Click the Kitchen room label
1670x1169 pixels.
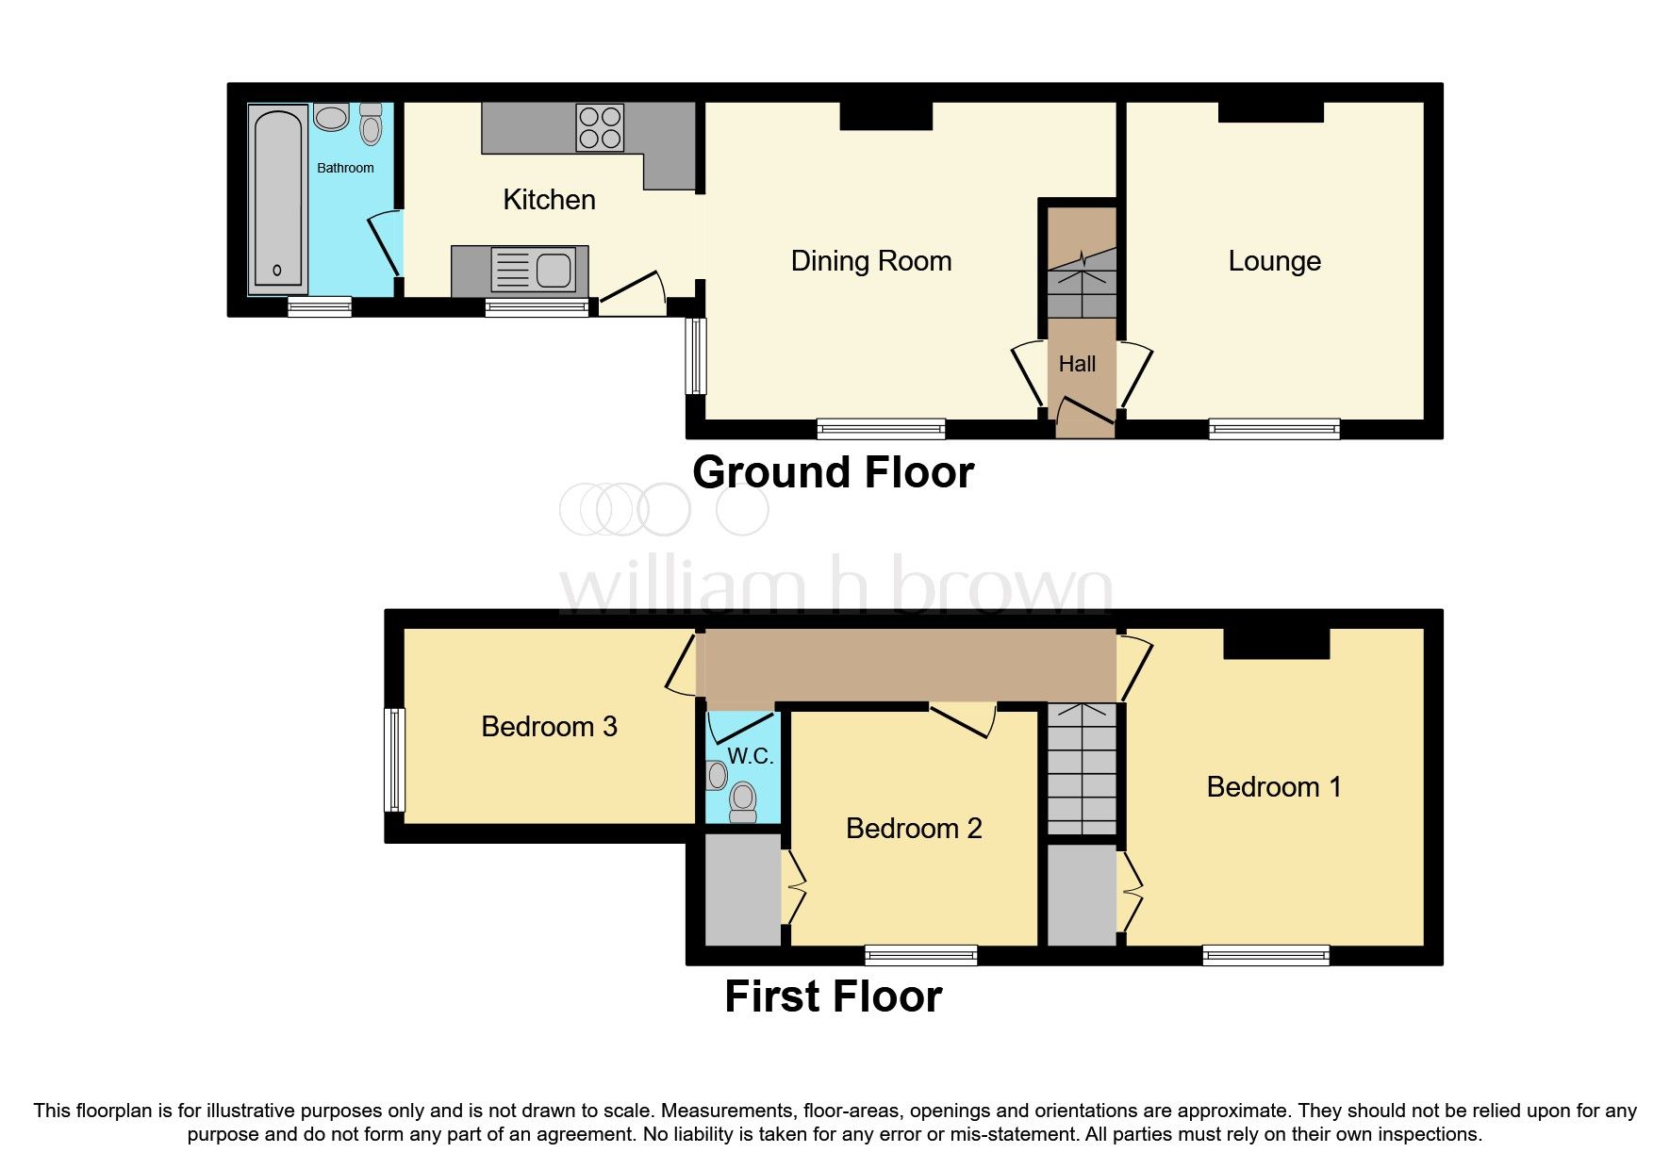coord(549,200)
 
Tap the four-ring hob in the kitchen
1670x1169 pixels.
coord(600,128)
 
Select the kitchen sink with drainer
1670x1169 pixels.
coord(534,271)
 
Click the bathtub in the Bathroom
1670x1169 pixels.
coord(278,199)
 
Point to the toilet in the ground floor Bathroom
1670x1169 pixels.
coord(371,124)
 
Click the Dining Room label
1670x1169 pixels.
coord(870,261)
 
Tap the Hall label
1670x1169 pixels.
coord(1077,364)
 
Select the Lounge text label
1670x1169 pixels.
coord(1274,261)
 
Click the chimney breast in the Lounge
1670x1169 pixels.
coord(1270,111)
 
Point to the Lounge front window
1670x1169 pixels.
coord(1274,429)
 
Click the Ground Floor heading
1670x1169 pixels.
coord(833,472)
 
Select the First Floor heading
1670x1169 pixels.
coord(833,996)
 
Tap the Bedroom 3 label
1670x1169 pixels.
coord(549,727)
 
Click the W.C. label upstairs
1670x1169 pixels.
coord(750,756)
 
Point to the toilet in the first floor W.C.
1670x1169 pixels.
coord(743,802)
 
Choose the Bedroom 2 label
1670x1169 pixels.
coord(914,829)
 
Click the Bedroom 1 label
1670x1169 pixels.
coord(1273,787)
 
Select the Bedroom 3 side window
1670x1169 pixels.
coord(395,760)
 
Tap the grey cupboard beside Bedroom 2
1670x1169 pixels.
coord(742,889)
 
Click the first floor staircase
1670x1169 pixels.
coord(1082,768)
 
